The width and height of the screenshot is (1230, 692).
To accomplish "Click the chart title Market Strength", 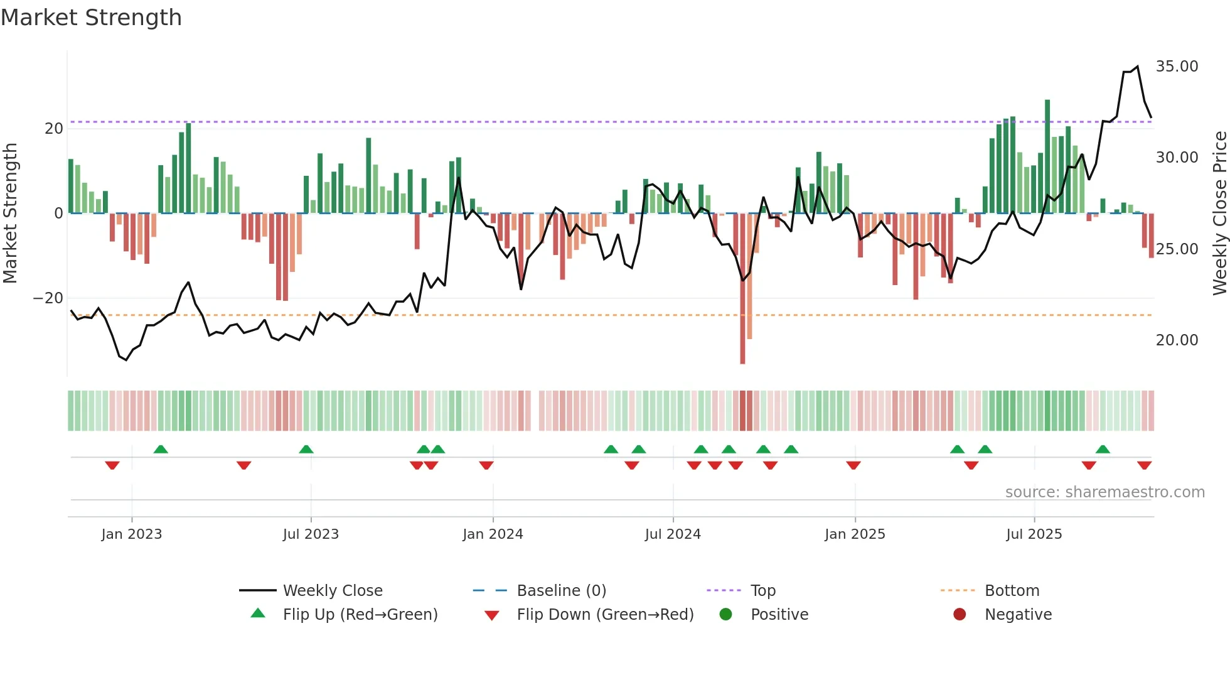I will tap(91, 18).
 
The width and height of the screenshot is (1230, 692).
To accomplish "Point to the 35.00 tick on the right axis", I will tap(1177, 67).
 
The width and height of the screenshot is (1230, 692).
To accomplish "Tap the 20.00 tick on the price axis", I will tap(1177, 340).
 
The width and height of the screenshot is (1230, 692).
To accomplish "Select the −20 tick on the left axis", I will tap(48, 298).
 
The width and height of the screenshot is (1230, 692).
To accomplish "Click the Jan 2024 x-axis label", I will tap(493, 534).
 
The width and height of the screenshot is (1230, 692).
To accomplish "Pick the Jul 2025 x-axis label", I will tap(1034, 534).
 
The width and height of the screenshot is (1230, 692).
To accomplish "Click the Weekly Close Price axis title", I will tap(1219, 214).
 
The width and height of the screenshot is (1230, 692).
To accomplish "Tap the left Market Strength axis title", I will tap(11, 214).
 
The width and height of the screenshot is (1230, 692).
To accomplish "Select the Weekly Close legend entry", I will tap(332, 591).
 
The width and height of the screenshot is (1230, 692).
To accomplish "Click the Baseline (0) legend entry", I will tap(561, 591).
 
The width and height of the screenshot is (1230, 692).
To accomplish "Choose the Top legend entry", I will tap(762, 591).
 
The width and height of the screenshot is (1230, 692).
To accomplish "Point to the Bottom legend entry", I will tap(1012, 591).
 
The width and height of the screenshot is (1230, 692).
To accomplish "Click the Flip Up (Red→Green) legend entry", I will tap(360, 615).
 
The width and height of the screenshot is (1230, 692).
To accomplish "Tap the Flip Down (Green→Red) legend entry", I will tap(604, 615).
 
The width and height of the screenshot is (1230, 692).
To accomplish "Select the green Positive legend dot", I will tap(725, 615).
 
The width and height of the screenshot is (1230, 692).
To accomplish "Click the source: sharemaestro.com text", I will tap(1104, 492).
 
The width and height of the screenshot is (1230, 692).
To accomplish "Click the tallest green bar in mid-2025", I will tap(1047, 157).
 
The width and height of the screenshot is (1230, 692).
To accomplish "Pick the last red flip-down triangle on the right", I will tap(1144, 465).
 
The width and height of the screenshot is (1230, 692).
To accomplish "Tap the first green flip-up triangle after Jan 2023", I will tap(161, 449).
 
